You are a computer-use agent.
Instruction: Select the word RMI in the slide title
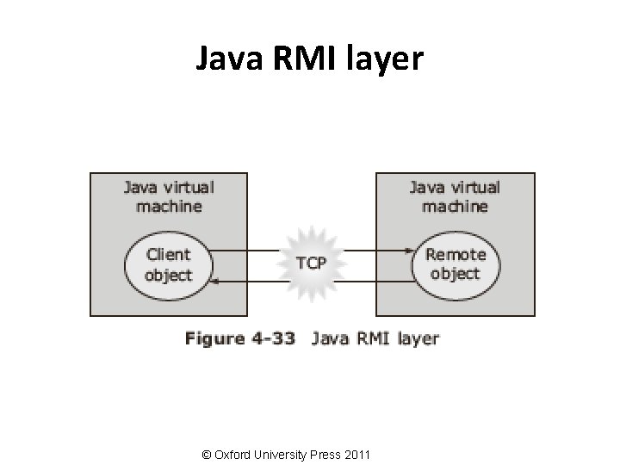[x=301, y=59]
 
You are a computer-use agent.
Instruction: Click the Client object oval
[x=168, y=263]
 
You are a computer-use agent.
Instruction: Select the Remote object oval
[x=455, y=263]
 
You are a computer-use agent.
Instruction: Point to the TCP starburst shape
[x=311, y=263]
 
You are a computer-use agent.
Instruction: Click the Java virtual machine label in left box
[x=168, y=196]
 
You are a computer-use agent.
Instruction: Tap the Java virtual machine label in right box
[x=454, y=196]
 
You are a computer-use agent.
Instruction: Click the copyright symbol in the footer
[x=204, y=453]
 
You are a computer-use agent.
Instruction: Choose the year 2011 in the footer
[x=356, y=453]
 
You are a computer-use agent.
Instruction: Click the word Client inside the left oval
[x=168, y=254]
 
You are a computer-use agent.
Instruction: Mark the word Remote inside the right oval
[x=456, y=254]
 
